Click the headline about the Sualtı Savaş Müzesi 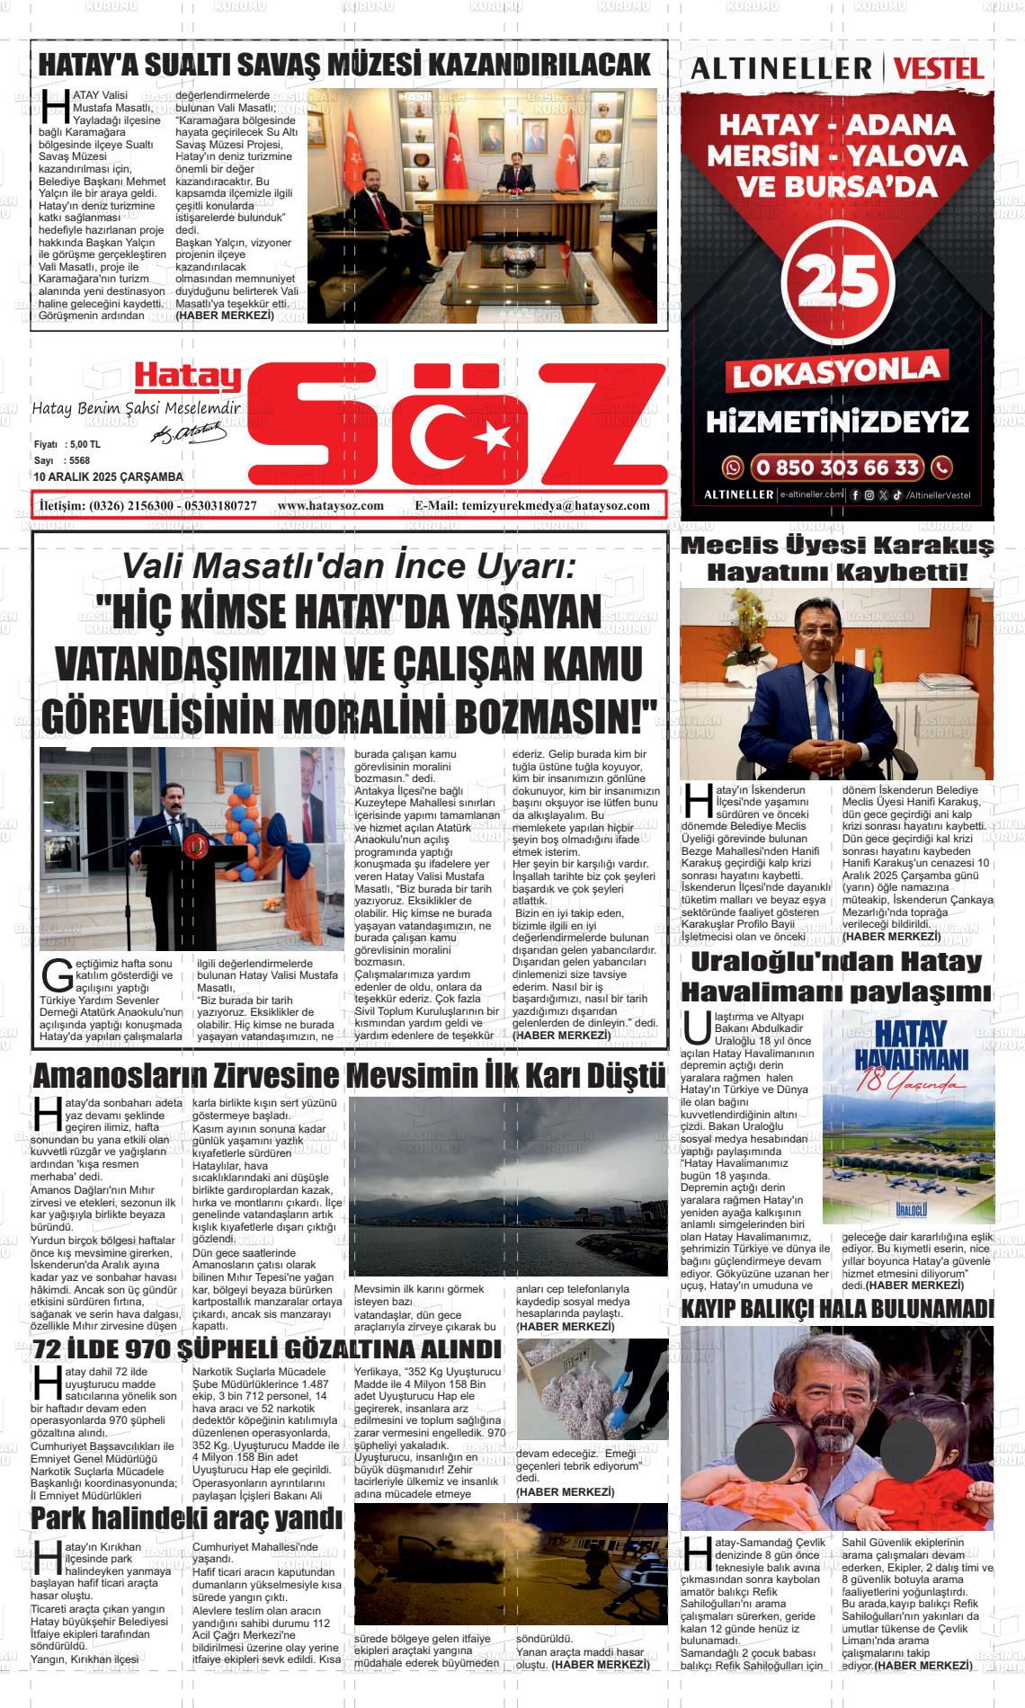tap(344, 65)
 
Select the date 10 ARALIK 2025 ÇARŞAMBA tap(108, 476)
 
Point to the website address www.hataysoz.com tap(331, 505)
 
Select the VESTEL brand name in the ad tap(940, 68)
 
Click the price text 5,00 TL tap(85, 445)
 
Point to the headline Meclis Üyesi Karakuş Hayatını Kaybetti tap(837, 557)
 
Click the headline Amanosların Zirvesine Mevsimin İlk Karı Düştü tap(349, 1076)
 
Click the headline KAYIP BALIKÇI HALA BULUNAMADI tap(837, 1308)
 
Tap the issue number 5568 tap(79, 460)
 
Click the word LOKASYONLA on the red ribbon tap(837, 371)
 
